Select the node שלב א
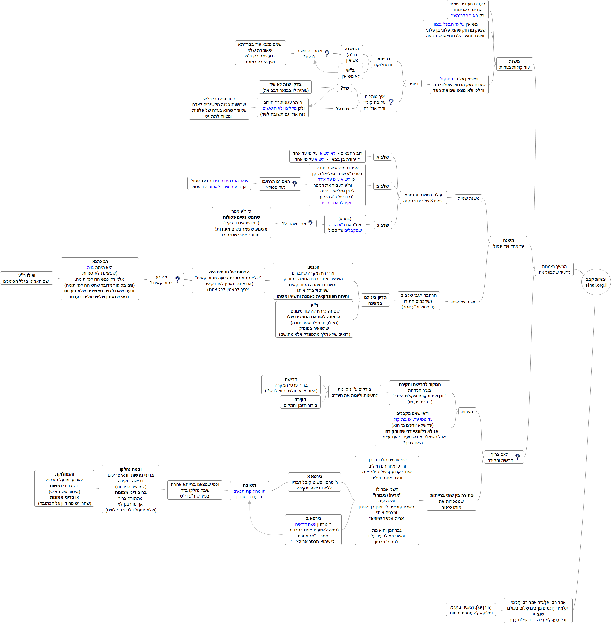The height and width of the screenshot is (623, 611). (x=382, y=157)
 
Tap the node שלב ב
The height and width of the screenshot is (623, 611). (x=382, y=186)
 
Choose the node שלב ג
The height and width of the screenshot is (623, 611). (x=382, y=225)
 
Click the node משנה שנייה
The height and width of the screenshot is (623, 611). (x=468, y=198)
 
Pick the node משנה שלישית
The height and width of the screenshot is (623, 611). (x=463, y=301)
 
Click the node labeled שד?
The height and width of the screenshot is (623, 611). (x=345, y=88)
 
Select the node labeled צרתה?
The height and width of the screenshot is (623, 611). (x=343, y=109)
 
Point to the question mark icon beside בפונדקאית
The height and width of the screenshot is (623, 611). (x=177, y=280)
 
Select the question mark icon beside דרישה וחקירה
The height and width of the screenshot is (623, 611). (x=517, y=457)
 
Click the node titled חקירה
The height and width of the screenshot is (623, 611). (x=300, y=402)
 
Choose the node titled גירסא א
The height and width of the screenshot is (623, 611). (x=314, y=482)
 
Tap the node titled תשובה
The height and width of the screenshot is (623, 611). (x=249, y=491)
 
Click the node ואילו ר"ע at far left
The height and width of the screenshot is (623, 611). (x=27, y=278)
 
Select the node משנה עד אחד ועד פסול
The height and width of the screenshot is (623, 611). (x=508, y=243)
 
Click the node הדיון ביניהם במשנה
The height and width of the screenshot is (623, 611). (x=375, y=300)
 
